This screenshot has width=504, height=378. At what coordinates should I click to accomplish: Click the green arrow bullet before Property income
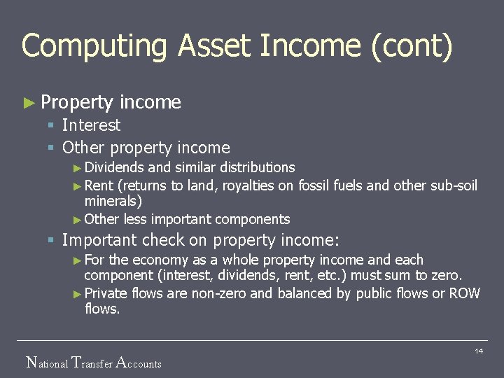29,103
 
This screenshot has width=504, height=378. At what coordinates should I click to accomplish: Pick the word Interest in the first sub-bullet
91,125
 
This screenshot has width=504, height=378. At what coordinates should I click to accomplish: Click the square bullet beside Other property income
50,148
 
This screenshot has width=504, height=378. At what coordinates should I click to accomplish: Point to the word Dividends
114,167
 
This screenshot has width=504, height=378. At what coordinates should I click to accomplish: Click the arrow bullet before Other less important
77,220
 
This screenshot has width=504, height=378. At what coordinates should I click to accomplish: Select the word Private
106,293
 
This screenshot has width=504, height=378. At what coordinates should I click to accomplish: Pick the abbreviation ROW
464,293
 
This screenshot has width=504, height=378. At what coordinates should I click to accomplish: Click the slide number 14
479,351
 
